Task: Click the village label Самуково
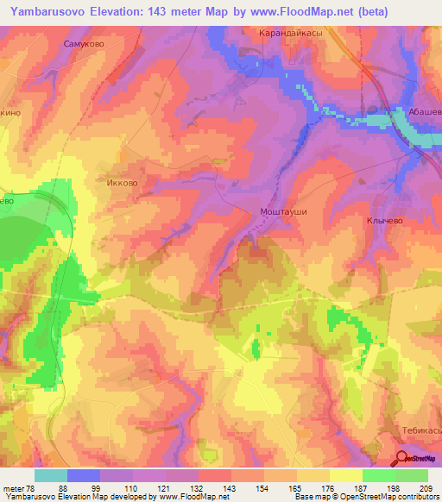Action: click(x=84, y=41)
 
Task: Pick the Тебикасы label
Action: click(x=422, y=430)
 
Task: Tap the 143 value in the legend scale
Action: click(x=230, y=489)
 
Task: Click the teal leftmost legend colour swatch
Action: click(x=51, y=475)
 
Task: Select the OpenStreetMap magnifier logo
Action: click(x=401, y=459)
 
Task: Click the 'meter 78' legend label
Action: click(x=20, y=489)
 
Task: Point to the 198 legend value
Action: click(x=394, y=489)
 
